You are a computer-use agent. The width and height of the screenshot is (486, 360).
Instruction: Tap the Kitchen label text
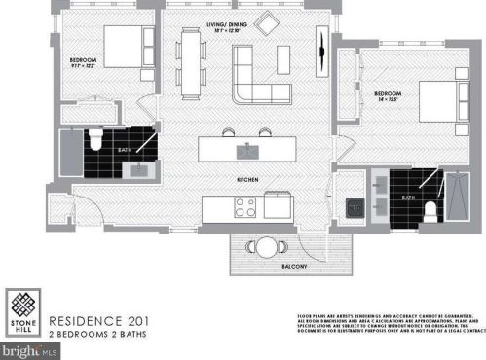pos(246,182)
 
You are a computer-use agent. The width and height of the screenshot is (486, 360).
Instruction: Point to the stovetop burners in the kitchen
pos(245,207)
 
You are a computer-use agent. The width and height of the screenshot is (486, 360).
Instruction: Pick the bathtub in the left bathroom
pos(69,157)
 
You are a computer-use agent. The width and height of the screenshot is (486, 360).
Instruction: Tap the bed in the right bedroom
pos(444,101)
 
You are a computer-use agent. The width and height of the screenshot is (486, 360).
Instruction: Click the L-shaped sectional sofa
pos(256,80)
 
